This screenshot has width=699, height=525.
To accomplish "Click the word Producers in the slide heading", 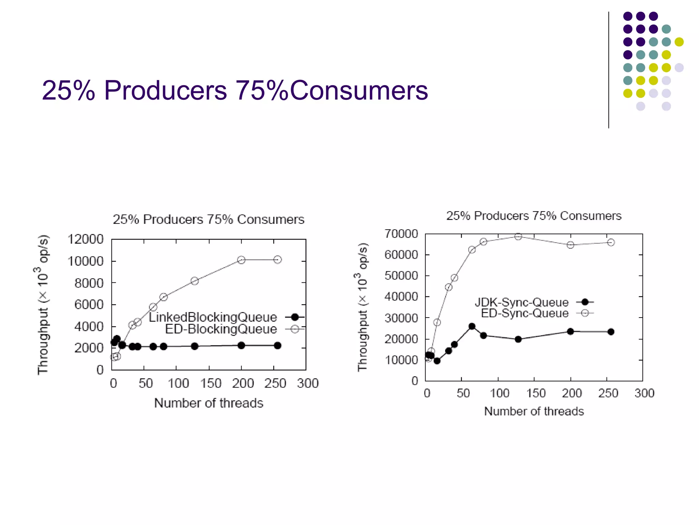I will pyautogui.click(x=165, y=91).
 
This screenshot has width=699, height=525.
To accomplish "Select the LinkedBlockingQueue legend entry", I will pyautogui.click(x=213, y=317).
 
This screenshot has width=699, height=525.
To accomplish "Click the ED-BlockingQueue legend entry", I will pyautogui.click(x=221, y=329).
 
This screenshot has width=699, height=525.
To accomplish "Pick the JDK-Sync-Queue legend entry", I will pyautogui.click(x=522, y=302).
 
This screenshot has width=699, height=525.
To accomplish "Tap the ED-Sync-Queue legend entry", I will pyautogui.click(x=525, y=313).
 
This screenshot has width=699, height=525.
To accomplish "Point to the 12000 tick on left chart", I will pyautogui.click(x=85, y=239).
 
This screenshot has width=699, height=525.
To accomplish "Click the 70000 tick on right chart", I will pyautogui.click(x=401, y=234).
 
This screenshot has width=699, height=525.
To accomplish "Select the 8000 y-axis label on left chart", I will pyautogui.click(x=89, y=283).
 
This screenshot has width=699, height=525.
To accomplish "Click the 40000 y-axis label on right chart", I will pyautogui.click(x=401, y=297).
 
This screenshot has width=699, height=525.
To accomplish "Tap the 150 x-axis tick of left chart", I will pyautogui.click(x=211, y=383).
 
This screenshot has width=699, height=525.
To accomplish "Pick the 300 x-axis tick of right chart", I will pyautogui.click(x=644, y=393).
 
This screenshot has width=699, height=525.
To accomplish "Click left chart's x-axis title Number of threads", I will pyautogui.click(x=209, y=403).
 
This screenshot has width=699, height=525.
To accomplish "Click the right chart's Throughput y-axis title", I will pyautogui.click(x=362, y=307).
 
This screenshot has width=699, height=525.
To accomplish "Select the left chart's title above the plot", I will pyautogui.click(x=209, y=219).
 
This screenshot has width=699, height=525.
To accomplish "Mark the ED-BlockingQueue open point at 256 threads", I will pyautogui.click(x=277, y=260).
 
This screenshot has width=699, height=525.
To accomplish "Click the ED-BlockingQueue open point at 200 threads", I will pyautogui.click(x=241, y=260).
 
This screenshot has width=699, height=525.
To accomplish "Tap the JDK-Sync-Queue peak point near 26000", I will pyautogui.click(x=472, y=326).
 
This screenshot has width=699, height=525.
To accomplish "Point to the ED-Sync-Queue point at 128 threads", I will pyautogui.click(x=518, y=237).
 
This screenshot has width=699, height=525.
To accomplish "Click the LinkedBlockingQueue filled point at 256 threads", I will pyautogui.click(x=277, y=346).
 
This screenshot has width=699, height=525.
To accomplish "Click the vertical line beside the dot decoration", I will pyautogui.click(x=609, y=70).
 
